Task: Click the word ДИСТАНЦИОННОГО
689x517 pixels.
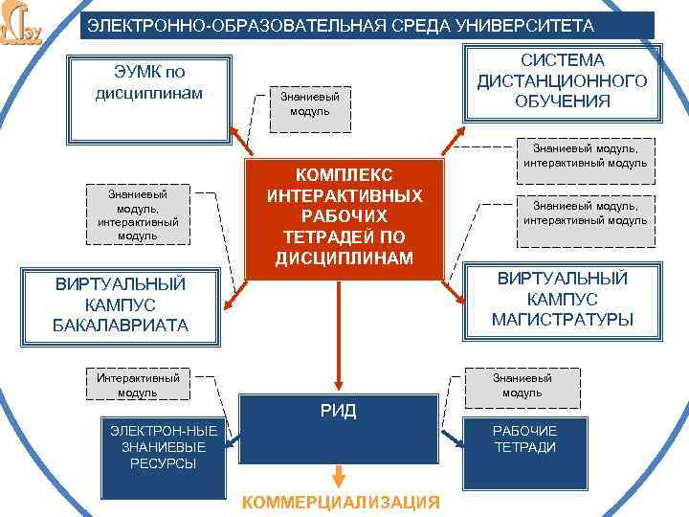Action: (562, 80)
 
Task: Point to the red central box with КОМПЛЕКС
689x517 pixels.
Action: (345, 217)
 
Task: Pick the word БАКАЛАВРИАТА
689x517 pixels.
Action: (121, 326)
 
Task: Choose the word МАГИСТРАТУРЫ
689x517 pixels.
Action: (562, 319)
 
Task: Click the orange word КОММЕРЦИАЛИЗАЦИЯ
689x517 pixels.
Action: (341, 503)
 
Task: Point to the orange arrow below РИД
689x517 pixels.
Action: (338, 475)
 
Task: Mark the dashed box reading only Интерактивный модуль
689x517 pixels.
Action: (138, 385)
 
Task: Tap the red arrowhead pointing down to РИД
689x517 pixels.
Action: (338, 385)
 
